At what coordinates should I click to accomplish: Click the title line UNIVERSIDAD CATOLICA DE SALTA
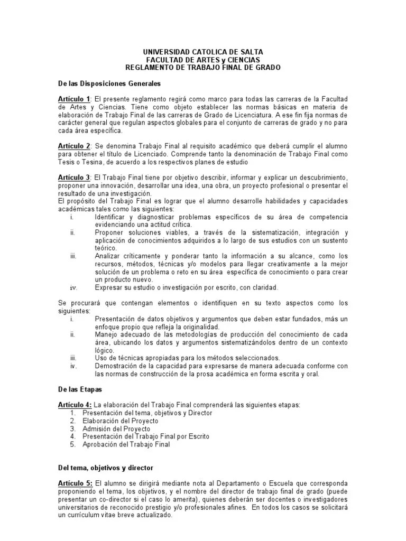click(x=203, y=52)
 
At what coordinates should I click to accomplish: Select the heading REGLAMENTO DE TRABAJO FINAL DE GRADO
click(x=203, y=67)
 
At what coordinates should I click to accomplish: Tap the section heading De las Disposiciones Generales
click(x=109, y=83)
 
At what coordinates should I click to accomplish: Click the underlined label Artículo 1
click(x=74, y=99)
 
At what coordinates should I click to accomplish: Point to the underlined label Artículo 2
click(x=74, y=146)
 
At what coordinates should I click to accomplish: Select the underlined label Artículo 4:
click(x=75, y=405)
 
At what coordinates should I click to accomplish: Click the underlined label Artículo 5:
click(x=75, y=484)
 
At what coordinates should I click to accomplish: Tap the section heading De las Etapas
click(x=80, y=389)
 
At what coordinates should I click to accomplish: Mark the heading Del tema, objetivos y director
click(x=106, y=468)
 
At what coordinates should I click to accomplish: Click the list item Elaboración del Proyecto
click(x=120, y=421)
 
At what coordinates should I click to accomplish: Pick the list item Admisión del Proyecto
click(x=116, y=428)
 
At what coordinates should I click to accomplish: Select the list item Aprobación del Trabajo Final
click(x=126, y=444)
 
